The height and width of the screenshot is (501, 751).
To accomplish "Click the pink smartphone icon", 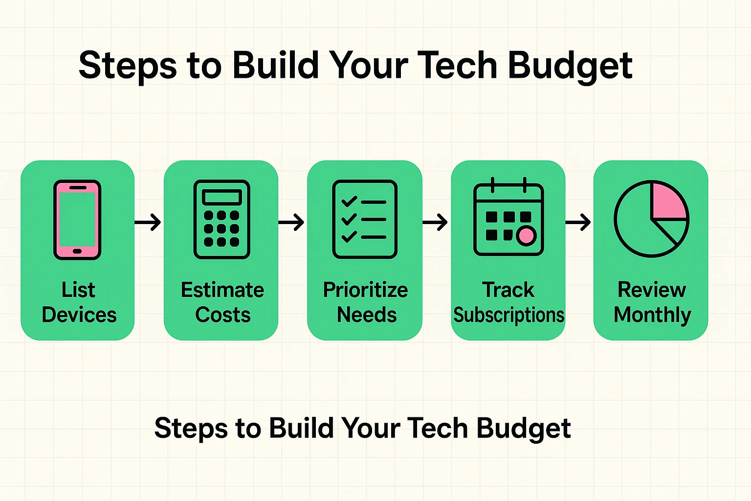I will (77, 220).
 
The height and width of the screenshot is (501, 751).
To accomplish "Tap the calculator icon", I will (222, 220).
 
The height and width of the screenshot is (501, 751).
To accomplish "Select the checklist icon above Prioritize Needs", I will (365, 219).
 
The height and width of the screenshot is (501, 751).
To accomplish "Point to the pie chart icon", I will (651, 219).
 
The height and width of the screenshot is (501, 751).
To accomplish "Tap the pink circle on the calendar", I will (526, 236).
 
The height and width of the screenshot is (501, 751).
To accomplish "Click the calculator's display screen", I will (222, 197).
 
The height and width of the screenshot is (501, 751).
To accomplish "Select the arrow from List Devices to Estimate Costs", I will (148, 222).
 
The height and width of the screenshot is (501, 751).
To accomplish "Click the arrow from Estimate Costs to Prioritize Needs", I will (292, 223).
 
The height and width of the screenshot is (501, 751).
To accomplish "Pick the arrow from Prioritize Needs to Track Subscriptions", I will (435, 223).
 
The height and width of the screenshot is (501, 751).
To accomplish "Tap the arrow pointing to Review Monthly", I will (578, 223).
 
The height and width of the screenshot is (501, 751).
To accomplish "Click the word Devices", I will (79, 315).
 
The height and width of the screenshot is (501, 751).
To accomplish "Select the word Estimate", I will (222, 290).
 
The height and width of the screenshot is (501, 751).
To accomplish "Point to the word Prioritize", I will (365, 290).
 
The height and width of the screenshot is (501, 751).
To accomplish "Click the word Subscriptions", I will (508, 315).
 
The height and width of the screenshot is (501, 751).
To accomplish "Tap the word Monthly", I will (652, 315).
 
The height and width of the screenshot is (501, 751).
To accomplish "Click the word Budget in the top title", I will (570, 66).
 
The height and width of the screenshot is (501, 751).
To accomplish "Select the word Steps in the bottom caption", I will (191, 429).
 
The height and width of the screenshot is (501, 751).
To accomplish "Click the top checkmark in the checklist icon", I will (349, 202).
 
